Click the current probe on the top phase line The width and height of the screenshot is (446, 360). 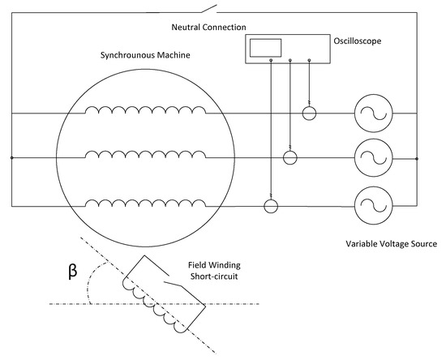tap(309, 114)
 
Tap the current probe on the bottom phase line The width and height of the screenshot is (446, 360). tap(271, 206)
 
